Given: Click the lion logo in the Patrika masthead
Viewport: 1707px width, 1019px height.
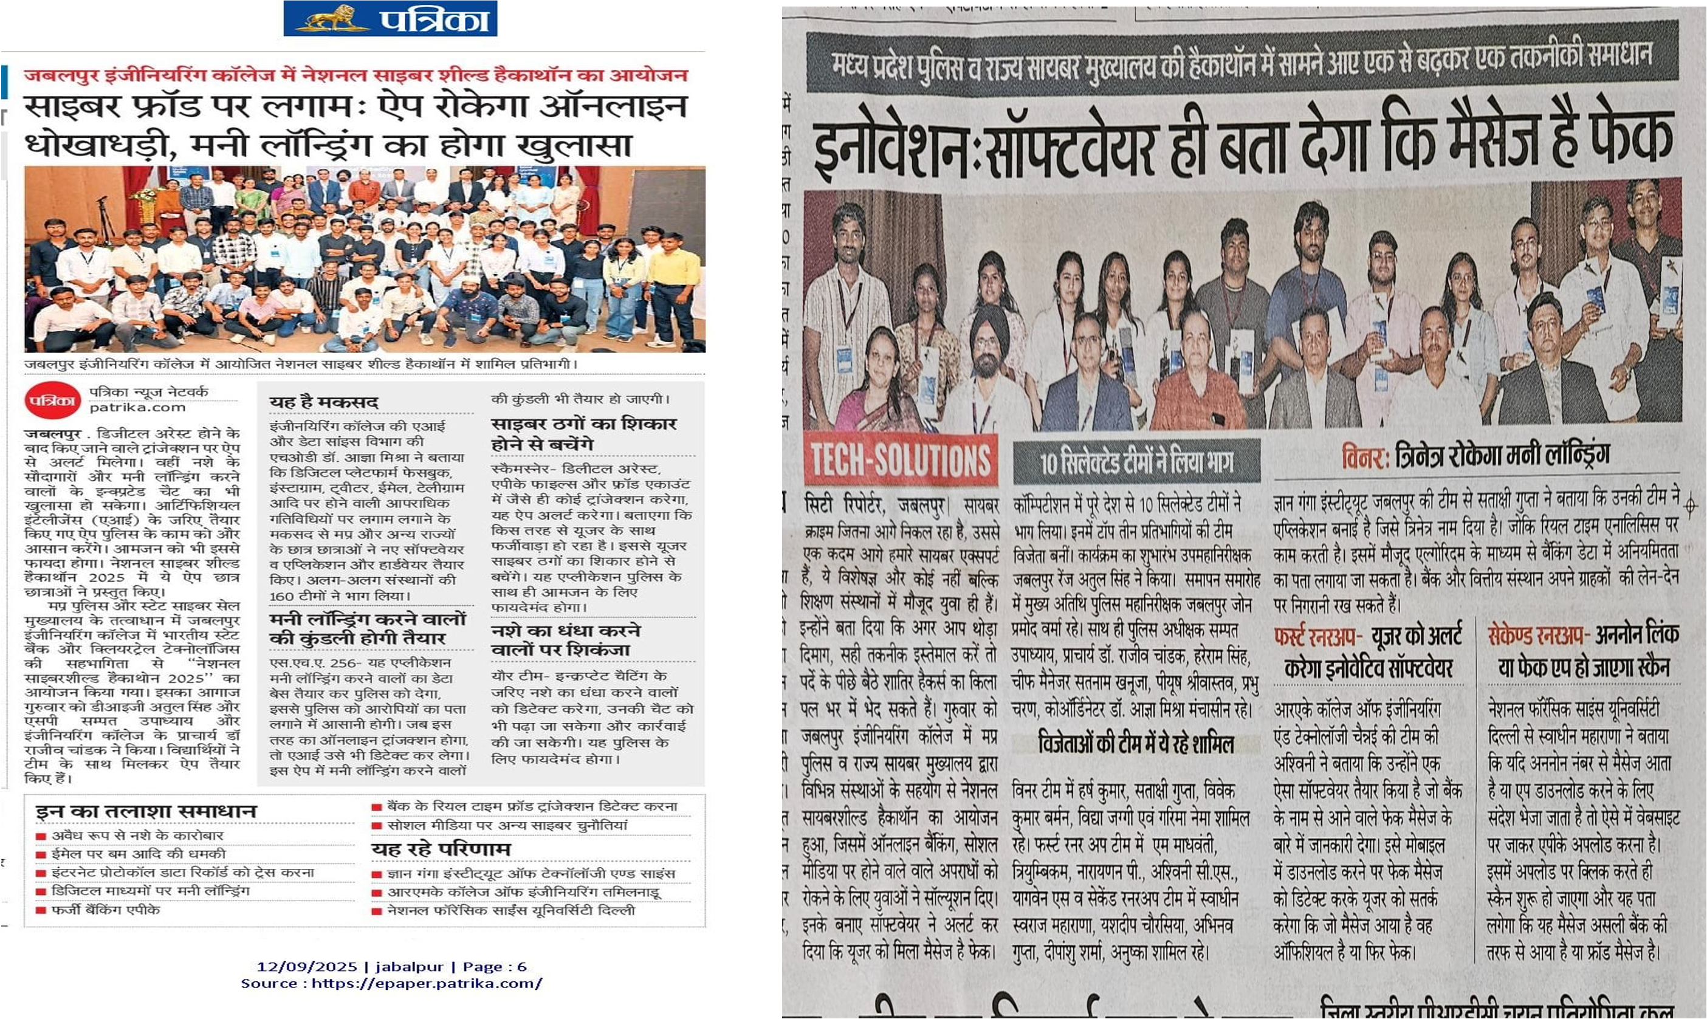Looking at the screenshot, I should point(332,19).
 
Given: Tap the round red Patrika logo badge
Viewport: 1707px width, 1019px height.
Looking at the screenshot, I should point(53,400).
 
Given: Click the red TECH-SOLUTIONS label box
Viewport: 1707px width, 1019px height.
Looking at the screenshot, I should point(901,459).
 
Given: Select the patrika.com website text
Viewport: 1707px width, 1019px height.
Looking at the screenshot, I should point(137,407).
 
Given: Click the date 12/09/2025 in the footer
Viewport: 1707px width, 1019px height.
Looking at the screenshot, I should point(307,967).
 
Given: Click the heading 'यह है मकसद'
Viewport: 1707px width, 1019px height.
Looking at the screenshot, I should point(323,402).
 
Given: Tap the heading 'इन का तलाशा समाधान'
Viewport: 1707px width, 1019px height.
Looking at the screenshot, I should point(146,812).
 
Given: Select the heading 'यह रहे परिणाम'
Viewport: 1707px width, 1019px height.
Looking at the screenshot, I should point(441,849).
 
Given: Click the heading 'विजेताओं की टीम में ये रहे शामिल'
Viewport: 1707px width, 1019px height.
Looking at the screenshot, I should point(1136,744).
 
